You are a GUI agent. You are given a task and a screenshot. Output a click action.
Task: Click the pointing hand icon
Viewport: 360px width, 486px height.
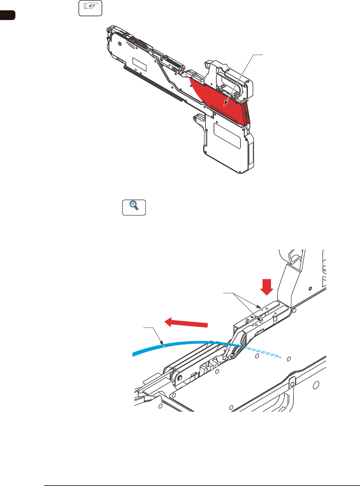(x=90, y=8)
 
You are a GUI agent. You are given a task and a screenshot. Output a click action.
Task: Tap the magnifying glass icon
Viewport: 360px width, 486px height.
(x=134, y=207)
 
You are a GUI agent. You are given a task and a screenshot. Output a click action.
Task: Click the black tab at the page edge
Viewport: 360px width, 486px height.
(x=7, y=15)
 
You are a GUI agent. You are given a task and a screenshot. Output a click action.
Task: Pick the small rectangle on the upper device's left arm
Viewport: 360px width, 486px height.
(x=139, y=64)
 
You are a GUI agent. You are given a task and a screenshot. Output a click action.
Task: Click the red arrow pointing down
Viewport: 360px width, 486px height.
(x=267, y=287)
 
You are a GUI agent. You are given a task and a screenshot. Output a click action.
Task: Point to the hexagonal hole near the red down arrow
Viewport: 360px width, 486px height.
(x=310, y=289)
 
